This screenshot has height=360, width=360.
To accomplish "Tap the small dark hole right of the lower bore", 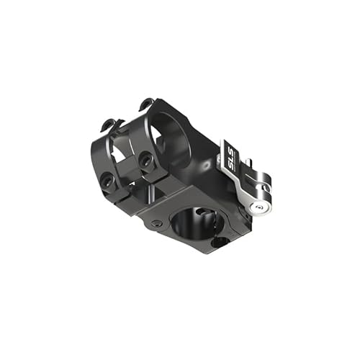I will tap(217, 242).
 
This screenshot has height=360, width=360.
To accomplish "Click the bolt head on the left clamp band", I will tap(107, 178).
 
